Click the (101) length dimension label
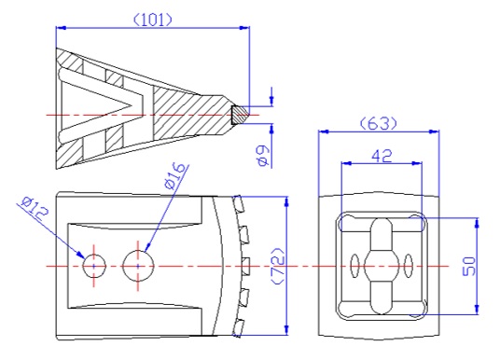coord(152,21)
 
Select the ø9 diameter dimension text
coord(263,156)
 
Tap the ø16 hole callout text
coord(174,176)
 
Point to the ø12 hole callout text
coord(35,210)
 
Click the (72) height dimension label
coord(277,266)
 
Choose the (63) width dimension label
coord(379,123)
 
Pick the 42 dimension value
coord(382,157)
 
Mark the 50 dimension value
coord(468,266)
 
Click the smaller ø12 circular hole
coord(94,266)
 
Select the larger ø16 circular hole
coord(138,266)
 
